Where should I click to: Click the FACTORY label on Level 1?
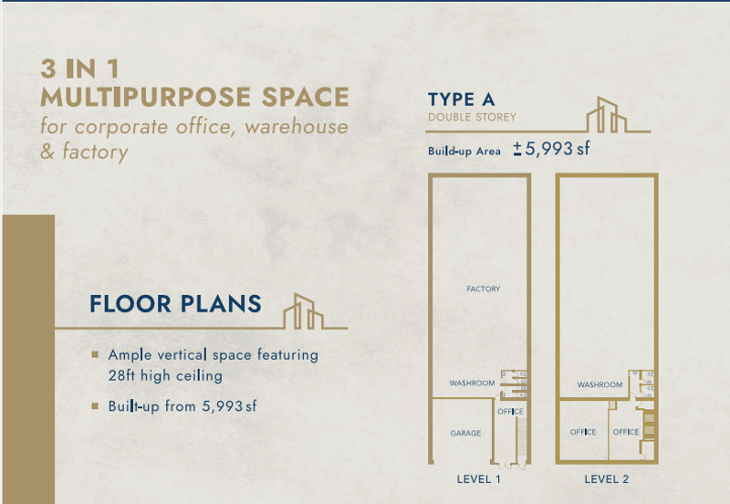tap(484, 289)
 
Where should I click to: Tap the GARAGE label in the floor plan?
tap(465, 433)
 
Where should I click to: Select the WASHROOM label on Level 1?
tap(472, 383)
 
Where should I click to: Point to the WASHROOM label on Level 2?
tap(600, 384)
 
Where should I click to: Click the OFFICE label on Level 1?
tap(510, 411)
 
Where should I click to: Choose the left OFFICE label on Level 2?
tap(583, 432)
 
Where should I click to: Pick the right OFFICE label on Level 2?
tap(626, 432)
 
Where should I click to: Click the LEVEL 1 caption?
tap(478, 479)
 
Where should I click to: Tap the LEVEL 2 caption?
tap(607, 479)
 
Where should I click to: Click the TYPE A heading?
tap(462, 100)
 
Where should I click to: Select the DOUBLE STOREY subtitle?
tap(472, 117)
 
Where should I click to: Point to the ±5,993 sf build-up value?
tap(551, 149)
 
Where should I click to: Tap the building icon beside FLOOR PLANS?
tap(304, 311)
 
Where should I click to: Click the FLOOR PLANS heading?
tap(175, 304)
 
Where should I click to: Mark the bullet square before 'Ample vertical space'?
tap(95, 355)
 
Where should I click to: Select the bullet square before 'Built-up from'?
tap(95, 406)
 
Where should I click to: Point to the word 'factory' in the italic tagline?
tap(96, 152)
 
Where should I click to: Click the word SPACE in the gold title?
tap(306, 97)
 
